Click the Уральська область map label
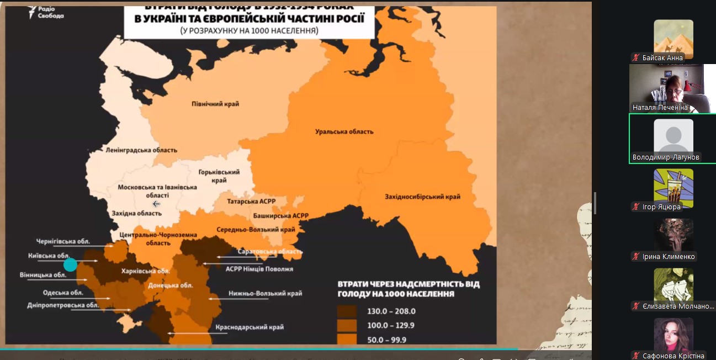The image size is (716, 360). (x=344, y=132)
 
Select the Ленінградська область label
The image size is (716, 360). (x=141, y=150)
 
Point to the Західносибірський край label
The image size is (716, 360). (x=422, y=197)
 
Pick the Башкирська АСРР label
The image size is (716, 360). (x=280, y=215)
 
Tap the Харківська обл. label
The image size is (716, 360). (x=145, y=271)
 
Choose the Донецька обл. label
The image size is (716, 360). (x=170, y=285)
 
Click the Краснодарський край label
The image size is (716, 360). (x=249, y=327)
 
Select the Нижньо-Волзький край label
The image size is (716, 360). (x=265, y=294)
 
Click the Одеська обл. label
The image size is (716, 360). (x=63, y=293)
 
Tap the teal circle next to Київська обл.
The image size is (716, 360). (x=70, y=265)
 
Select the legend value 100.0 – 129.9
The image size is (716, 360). (x=391, y=326)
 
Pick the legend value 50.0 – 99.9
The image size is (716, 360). (x=386, y=340)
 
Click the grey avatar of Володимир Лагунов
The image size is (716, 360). (x=673, y=136)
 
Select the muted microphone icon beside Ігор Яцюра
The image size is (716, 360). (x=637, y=207)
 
